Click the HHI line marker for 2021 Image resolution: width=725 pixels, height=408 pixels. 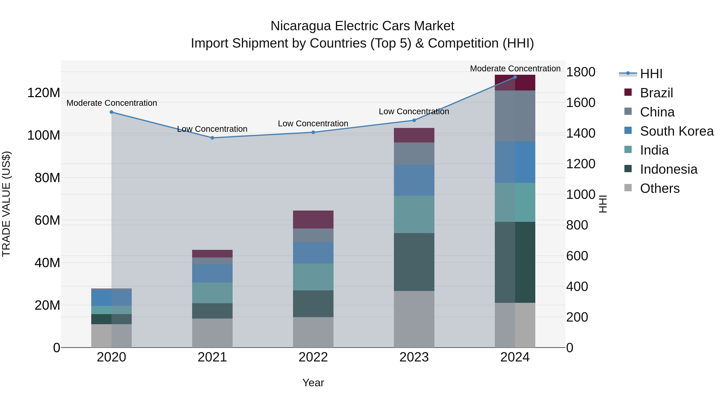coord(212,138)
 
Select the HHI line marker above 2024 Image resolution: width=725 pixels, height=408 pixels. coord(515,77)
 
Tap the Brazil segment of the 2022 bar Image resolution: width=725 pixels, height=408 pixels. coord(313,219)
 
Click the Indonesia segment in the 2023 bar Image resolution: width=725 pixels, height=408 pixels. coord(414,262)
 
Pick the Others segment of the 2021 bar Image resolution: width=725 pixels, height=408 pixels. coord(212,333)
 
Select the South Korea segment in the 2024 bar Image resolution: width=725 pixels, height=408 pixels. coord(515,162)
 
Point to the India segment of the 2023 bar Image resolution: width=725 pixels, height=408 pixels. coord(414,214)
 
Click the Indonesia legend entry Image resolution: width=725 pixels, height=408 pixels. coord(668,169)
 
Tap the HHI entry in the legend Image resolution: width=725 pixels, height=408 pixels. coord(651,74)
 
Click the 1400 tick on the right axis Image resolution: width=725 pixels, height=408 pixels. coord(580,133)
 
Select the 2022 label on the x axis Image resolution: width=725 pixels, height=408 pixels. coord(313,357)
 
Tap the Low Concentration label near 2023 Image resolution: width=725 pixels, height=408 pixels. coord(414,111)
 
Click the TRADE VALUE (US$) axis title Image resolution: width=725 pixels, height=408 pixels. coord(6,204)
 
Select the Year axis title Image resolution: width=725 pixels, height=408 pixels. coord(313,383)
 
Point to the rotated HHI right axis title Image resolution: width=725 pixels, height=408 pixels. coord(603,204)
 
